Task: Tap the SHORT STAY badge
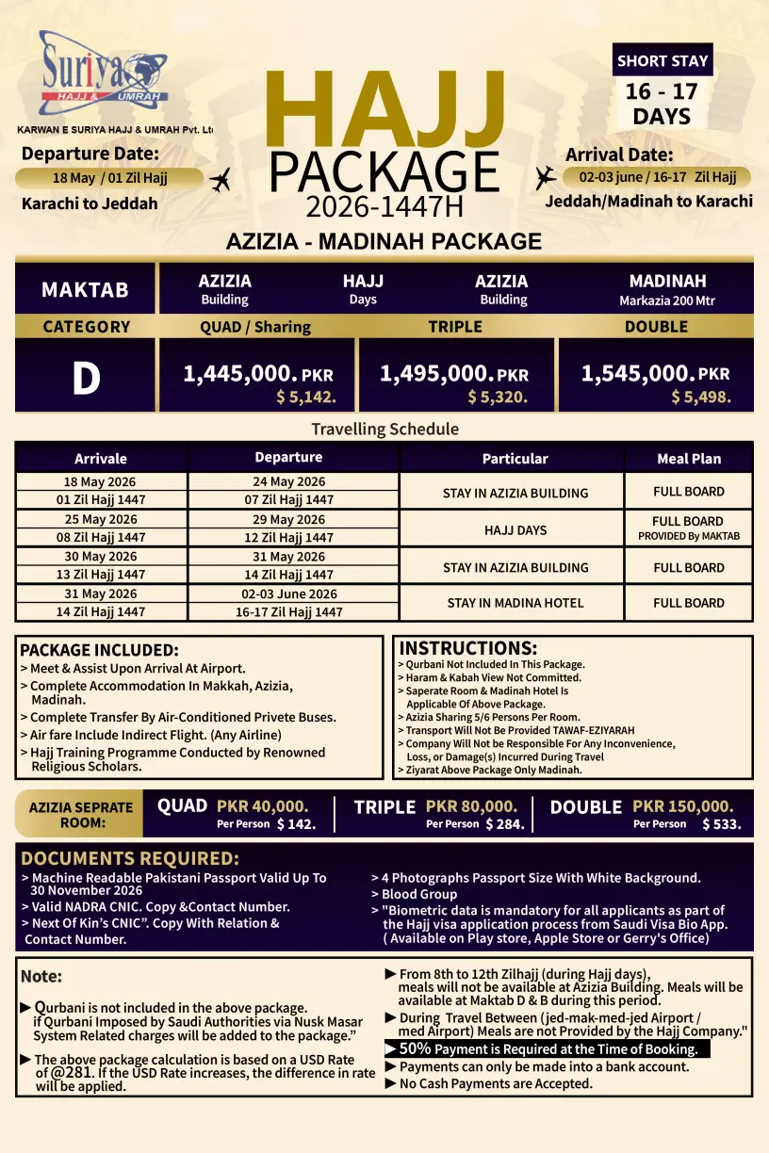[663, 60]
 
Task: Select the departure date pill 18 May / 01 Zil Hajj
[109, 178]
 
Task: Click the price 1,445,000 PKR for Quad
[257, 374]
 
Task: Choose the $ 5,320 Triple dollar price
[497, 398]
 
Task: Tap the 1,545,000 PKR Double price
[655, 374]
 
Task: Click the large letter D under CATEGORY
[86, 378]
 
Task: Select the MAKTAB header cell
[85, 289]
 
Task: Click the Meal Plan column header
[689, 459]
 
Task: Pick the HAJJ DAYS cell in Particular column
[515, 530]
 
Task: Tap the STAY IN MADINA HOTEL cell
[515, 603]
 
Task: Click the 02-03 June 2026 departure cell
[288, 594]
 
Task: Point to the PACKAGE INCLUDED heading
[99, 650]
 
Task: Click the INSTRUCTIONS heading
[468, 648]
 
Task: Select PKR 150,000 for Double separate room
[682, 806]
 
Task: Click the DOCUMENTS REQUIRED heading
[130, 858]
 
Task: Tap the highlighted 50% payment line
[548, 1048]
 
